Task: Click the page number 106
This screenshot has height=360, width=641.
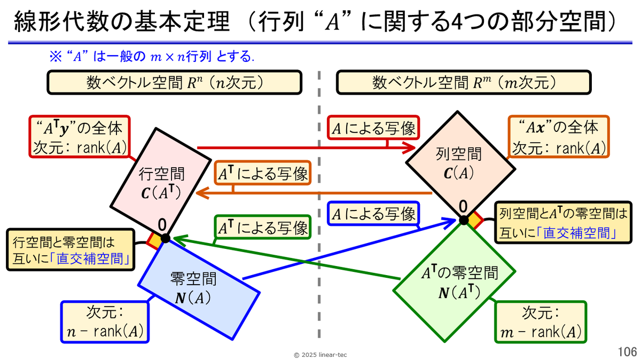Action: click(627, 351)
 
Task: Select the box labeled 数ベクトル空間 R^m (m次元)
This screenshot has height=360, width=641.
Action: click(464, 83)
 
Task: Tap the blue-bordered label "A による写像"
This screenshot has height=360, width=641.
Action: click(373, 215)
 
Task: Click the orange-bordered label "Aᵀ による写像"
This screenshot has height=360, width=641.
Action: click(262, 174)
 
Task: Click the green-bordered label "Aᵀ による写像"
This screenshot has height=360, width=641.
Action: click(262, 228)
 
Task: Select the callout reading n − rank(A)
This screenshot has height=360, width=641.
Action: click(105, 322)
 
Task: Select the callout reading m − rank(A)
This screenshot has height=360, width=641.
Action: click(540, 322)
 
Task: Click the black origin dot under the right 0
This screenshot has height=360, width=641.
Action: click(464, 219)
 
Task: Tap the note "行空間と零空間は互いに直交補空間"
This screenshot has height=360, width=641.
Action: click(69, 249)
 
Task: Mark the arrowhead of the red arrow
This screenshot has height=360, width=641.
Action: click(412, 147)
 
